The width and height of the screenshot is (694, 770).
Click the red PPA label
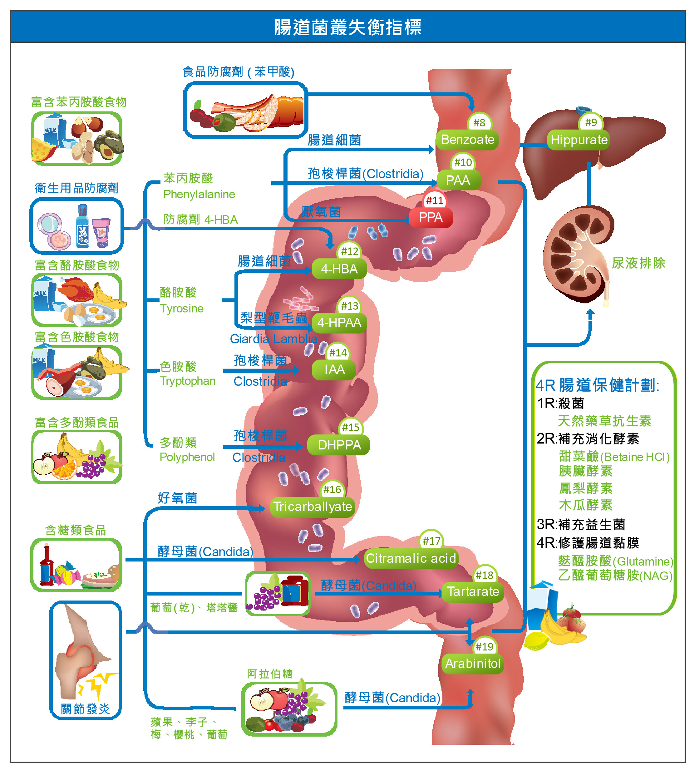point(431,217)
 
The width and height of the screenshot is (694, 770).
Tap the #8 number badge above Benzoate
point(479,123)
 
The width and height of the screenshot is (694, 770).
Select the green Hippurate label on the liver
point(579,140)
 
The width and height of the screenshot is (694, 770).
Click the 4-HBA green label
point(339,269)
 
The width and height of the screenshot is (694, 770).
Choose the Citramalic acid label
point(411,558)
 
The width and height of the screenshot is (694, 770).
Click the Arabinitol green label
point(472,664)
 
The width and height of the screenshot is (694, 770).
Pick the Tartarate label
point(473,591)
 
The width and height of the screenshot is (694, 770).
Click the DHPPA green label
point(339,445)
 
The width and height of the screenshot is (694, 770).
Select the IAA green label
point(334,369)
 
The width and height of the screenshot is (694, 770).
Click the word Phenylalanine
point(199,194)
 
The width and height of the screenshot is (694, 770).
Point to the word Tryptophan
point(188,381)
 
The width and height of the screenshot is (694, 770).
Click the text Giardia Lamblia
point(273,339)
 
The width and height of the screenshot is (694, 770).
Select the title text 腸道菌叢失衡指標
point(347,27)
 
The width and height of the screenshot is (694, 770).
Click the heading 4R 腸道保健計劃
point(597,385)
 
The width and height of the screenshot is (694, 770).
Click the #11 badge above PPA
point(434,200)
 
